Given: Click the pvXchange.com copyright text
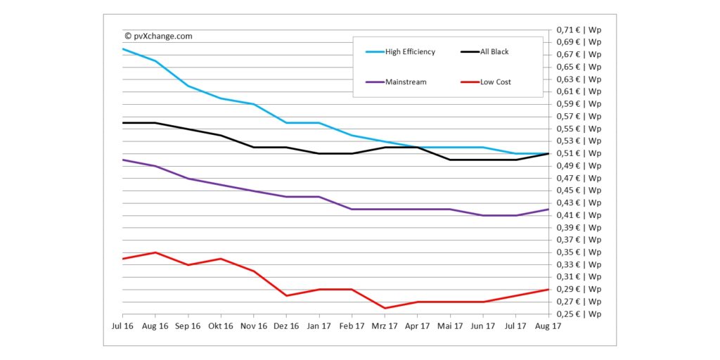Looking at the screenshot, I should tap(158, 36).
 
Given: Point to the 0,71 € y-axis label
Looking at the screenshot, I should tap(579, 30).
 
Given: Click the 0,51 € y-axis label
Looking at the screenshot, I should tap(579, 153).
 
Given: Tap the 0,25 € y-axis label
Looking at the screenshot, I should tap(579, 314).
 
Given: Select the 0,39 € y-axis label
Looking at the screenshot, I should tap(579, 228).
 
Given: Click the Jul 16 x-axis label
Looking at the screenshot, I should tap(122, 326).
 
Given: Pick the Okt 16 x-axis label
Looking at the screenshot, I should tap(221, 326).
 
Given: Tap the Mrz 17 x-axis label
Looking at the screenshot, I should tap(384, 326).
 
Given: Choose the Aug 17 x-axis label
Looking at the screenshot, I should tap(548, 326).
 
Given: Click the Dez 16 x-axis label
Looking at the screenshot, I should tap(286, 326).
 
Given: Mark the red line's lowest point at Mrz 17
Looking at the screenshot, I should tap(384, 308).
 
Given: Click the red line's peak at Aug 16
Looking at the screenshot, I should tap(155, 252).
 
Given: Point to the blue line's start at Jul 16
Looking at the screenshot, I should tap(122, 49).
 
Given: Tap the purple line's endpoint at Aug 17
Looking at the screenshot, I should tap(548, 209).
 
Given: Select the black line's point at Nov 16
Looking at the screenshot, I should tap(254, 147).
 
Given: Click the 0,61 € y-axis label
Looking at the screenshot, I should tap(579, 91).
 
